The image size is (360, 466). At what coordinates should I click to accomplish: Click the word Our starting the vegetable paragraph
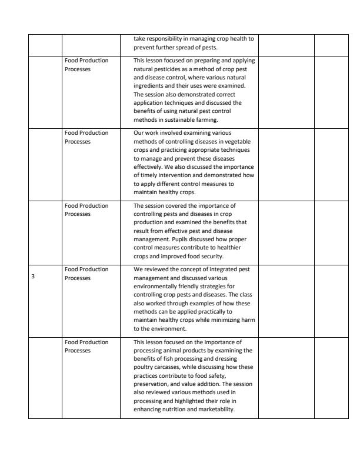click(x=139, y=133)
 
